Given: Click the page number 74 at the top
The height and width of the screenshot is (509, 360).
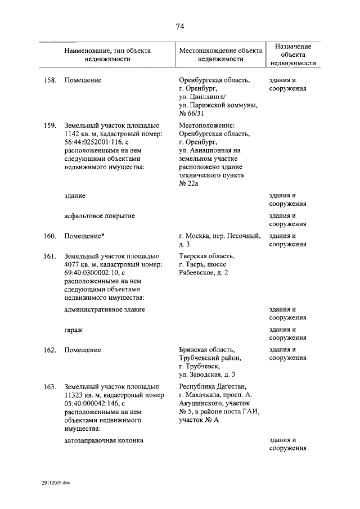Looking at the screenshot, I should click(x=180, y=26).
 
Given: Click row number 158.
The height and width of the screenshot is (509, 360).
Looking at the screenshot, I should click(x=50, y=80).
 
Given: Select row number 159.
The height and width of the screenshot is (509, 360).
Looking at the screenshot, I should click(x=50, y=124).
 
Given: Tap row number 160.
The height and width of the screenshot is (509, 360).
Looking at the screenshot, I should click(x=50, y=236).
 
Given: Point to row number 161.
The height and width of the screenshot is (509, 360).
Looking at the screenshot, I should click(x=50, y=256).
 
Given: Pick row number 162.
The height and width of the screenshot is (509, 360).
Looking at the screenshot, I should click(x=50, y=350).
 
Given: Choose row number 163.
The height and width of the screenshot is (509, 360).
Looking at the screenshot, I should click(x=50, y=386).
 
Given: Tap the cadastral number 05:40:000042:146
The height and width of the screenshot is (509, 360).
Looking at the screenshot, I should click(x=91, y=403).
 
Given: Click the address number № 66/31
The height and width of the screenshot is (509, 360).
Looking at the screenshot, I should click(x=191, y=114).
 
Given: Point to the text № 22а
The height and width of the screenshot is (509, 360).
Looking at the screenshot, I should click(x=190, y=183).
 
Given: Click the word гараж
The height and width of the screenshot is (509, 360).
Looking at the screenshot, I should click(x=74, y=330).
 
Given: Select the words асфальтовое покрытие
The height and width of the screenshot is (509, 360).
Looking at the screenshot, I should click(x=100, y=216).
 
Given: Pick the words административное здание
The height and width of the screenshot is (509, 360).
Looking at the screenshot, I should click(x=105, y=309).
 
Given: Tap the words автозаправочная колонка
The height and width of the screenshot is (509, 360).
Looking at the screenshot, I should click(x=104, y=440).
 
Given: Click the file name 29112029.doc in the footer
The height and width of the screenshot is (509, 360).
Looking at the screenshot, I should click(x=56, y=483).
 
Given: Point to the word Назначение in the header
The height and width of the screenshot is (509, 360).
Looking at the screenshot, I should click(x=290, y=46).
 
